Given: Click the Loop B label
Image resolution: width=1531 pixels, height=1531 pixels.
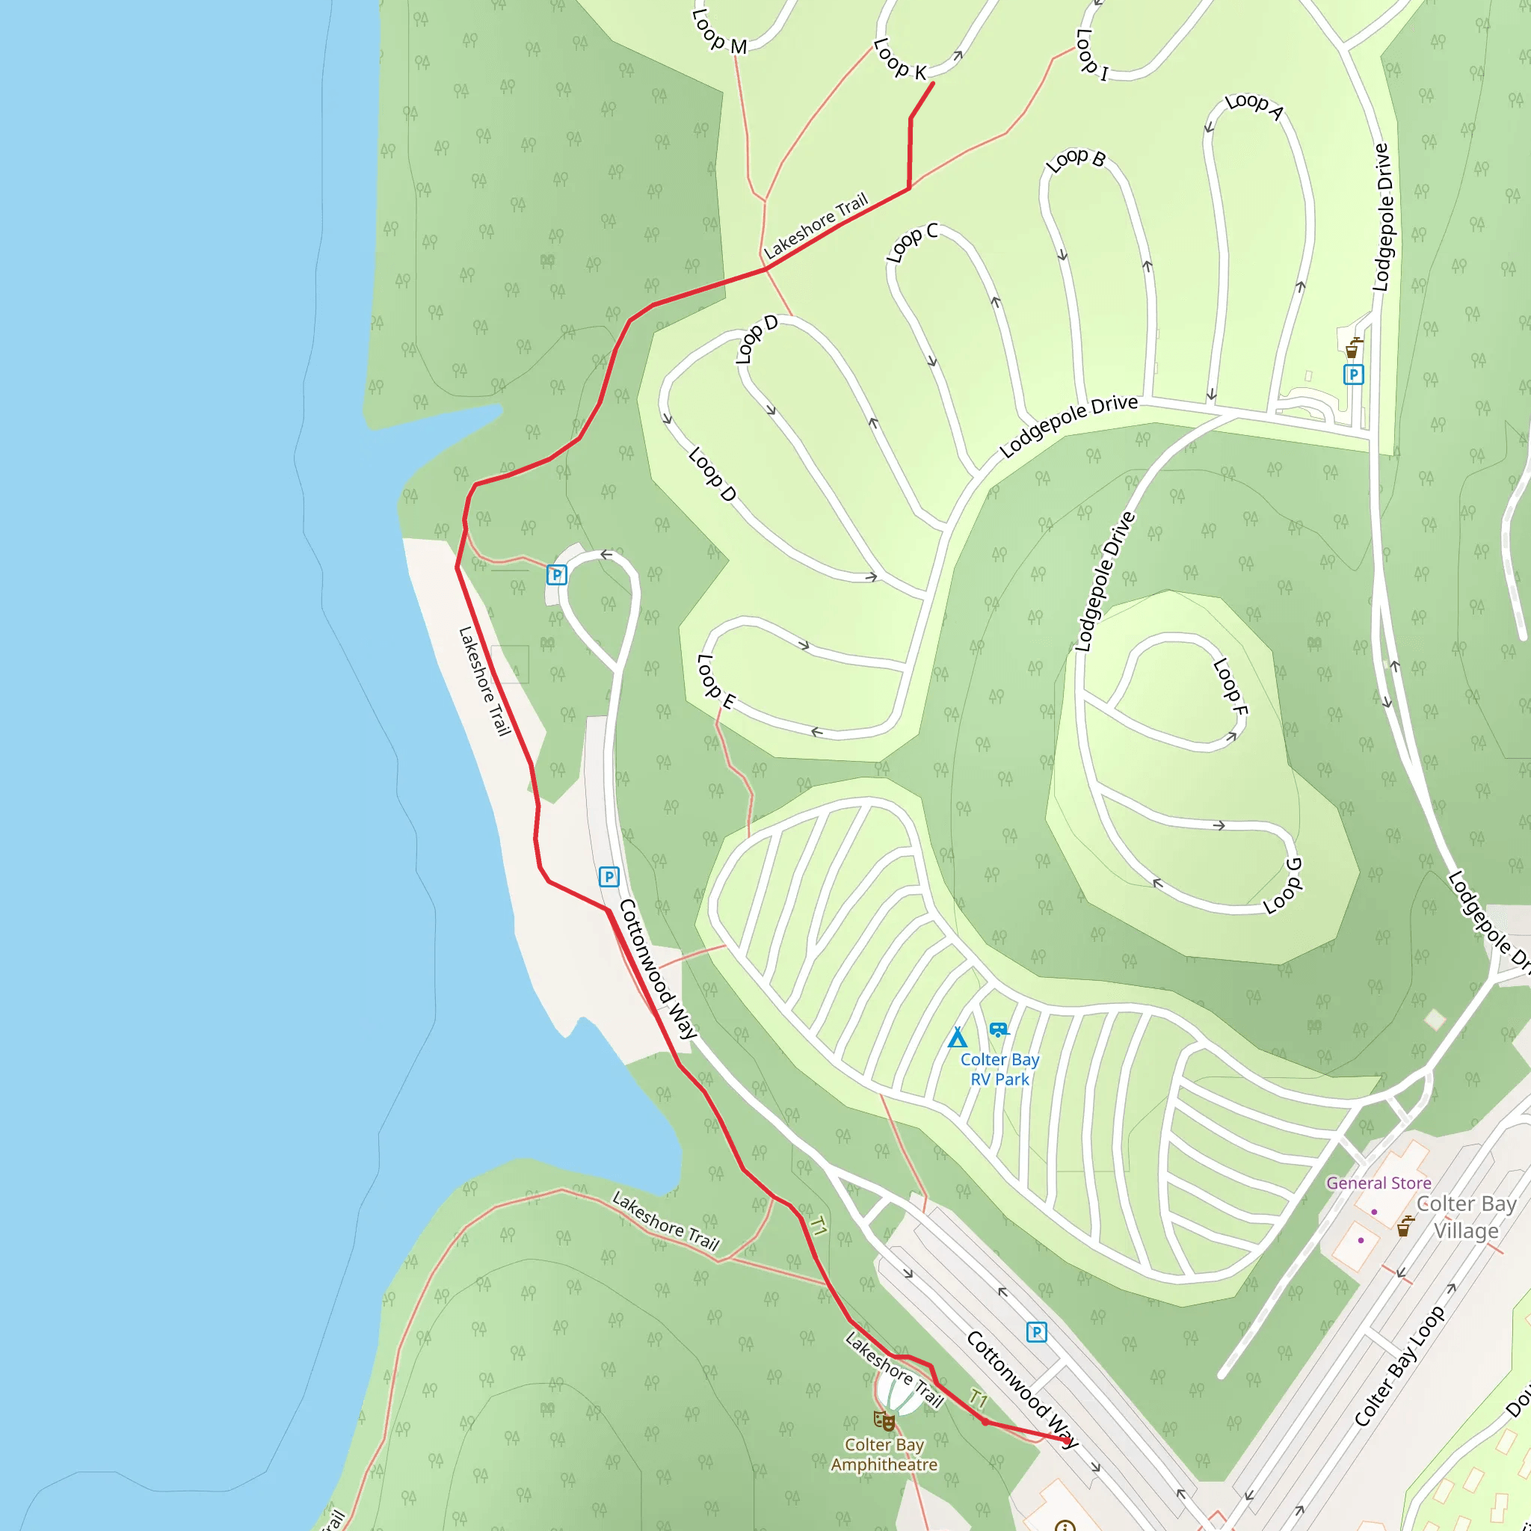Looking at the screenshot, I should pyautogui.click(x=1074, y=160).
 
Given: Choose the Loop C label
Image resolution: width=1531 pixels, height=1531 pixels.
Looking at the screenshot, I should pyautogui.click(x=911, y=242).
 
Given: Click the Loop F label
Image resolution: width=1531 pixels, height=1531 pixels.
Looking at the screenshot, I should pyautogui.click(x=1230, y=686).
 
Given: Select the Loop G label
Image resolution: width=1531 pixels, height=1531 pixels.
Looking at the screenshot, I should pyautogui.click(x=1282, y=886).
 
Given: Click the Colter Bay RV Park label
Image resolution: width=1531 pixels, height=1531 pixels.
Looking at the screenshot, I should pyautogui.click(x=999, y=1069).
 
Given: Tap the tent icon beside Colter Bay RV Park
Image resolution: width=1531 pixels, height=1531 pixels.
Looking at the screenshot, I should pyautogui.click(x=958, y=1038).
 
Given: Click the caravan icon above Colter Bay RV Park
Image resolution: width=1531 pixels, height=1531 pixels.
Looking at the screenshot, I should pyautogui.click(x=999, y=1029).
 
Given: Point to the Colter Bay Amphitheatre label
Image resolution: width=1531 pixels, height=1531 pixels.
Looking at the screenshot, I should pyautogui.click(x=884, y=1454).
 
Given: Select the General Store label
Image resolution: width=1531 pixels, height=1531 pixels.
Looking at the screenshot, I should pyautogui.click(x=1378, y=1183).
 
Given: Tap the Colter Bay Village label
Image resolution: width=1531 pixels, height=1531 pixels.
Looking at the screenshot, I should pyautogui.click(x=1465, y=1217).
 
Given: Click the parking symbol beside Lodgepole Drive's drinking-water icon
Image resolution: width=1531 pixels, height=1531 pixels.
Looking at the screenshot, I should pyautogui.click(x=1354, y=375).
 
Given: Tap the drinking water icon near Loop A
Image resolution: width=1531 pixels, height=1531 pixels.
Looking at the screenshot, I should pyautogui.click(x=1352, y=348).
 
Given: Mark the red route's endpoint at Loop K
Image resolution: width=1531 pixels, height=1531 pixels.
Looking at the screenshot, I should pyautogui.click(x=933, y=82).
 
